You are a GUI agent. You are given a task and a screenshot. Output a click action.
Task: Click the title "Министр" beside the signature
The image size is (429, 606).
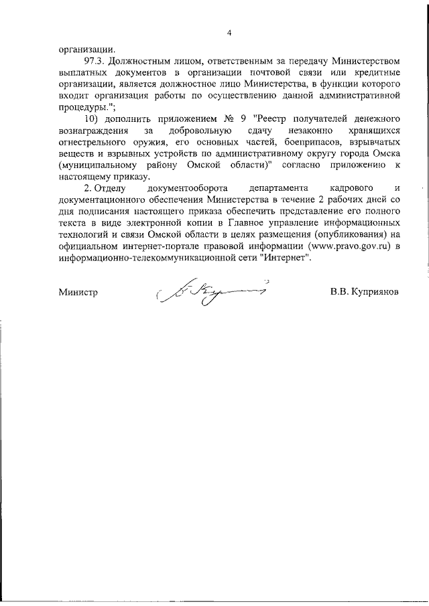click(x=78, y=293)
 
